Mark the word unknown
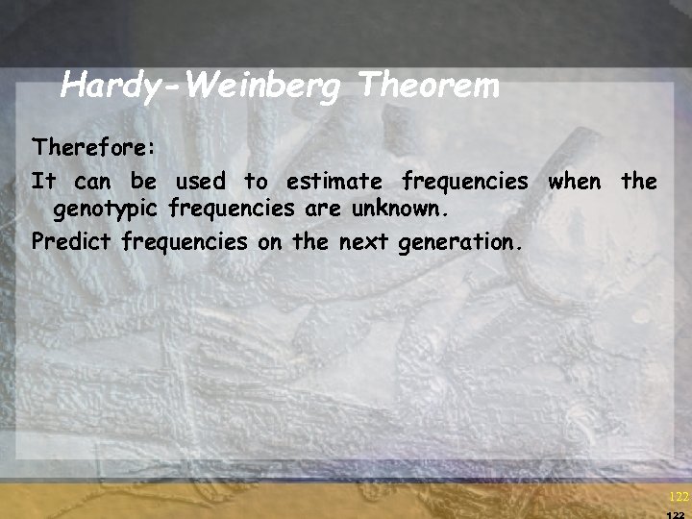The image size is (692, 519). pyautogui.click(x=407, y=208)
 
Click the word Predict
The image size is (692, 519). pyautogui.click(x=71, y=241)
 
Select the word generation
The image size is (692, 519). pyautogui.click(x=459, y=242)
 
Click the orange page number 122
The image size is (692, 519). pyautogui.click(x=677, y=497)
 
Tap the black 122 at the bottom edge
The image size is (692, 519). pyautogui.click(x=677, y=514)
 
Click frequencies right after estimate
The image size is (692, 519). pyautogui.click(x=465, y=181)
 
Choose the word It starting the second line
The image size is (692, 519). pyautogui.click(x=43, y=180)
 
